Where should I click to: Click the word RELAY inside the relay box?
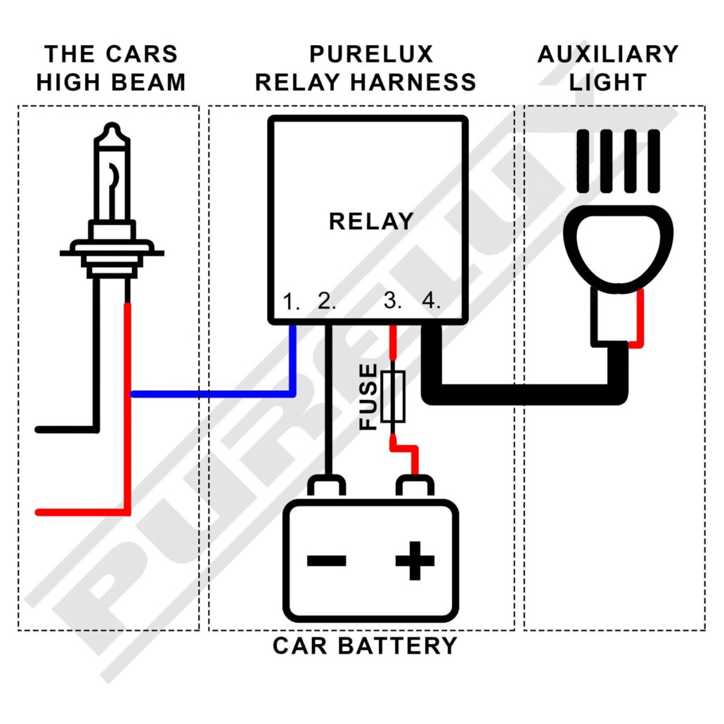click(x=370, y=221)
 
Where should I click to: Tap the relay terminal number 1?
click(x=291, y=302)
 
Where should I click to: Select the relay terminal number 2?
click(x=327, y=302)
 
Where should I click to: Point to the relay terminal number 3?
click(x=393, y=302)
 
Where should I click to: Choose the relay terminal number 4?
click(x=431, y=302)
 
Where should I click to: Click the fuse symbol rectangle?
click(x=393, y=397)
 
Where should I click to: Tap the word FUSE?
click(x=368, y=397)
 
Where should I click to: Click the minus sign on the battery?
click(x=327, y=560)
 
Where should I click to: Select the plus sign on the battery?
click(x=415, y=560)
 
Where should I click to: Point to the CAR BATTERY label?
click(x=365, y=645)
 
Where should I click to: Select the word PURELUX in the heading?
click(x=372, y=54)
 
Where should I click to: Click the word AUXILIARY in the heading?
click(x=608, y=54)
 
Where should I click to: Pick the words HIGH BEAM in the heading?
click(x=111, y=82)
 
